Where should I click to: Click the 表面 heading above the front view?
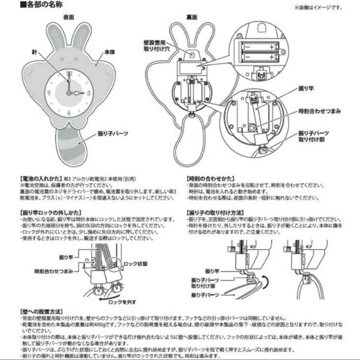point(68,17)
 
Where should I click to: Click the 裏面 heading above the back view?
point(191,17)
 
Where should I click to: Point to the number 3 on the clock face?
point(89,93)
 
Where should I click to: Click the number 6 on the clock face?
point(69,113)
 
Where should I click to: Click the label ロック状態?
point(136,264)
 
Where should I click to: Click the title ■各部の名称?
point(41,5)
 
